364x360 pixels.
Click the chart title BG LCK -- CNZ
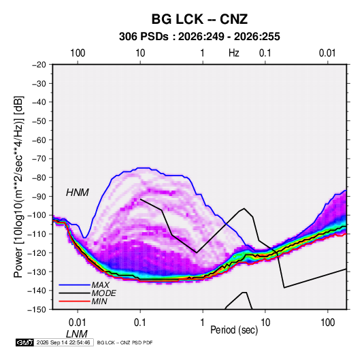[199, 19]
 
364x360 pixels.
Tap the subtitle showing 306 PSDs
[199, 37]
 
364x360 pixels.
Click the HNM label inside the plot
[78, 193]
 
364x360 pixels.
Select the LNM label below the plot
[77, 334]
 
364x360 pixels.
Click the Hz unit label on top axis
[234, 53]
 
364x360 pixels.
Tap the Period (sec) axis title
[234, 330]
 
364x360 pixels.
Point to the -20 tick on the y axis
[39, 65]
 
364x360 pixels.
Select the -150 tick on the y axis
[37, 310]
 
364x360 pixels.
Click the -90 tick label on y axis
[39, 196]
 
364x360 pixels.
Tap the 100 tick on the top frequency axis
[78, 53]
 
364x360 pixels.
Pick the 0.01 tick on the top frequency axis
[327, 53]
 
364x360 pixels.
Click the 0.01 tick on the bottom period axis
[78, 323]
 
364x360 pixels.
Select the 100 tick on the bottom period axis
[327, 323]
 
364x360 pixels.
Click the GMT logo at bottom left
[25, 342]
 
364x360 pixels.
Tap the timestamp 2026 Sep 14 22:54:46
[63, 342]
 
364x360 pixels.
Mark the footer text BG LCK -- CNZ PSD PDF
[125, 342]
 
